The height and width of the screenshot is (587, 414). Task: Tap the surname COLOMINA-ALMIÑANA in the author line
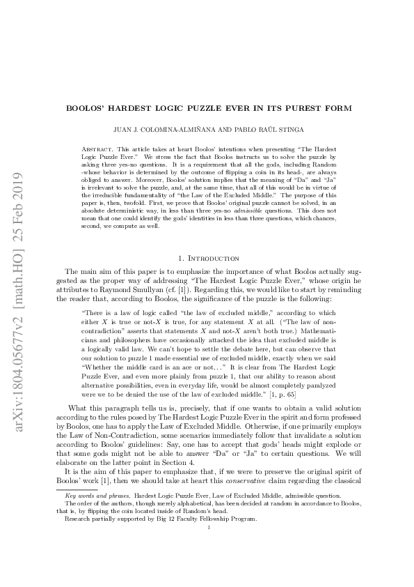(x=193, y=129)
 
